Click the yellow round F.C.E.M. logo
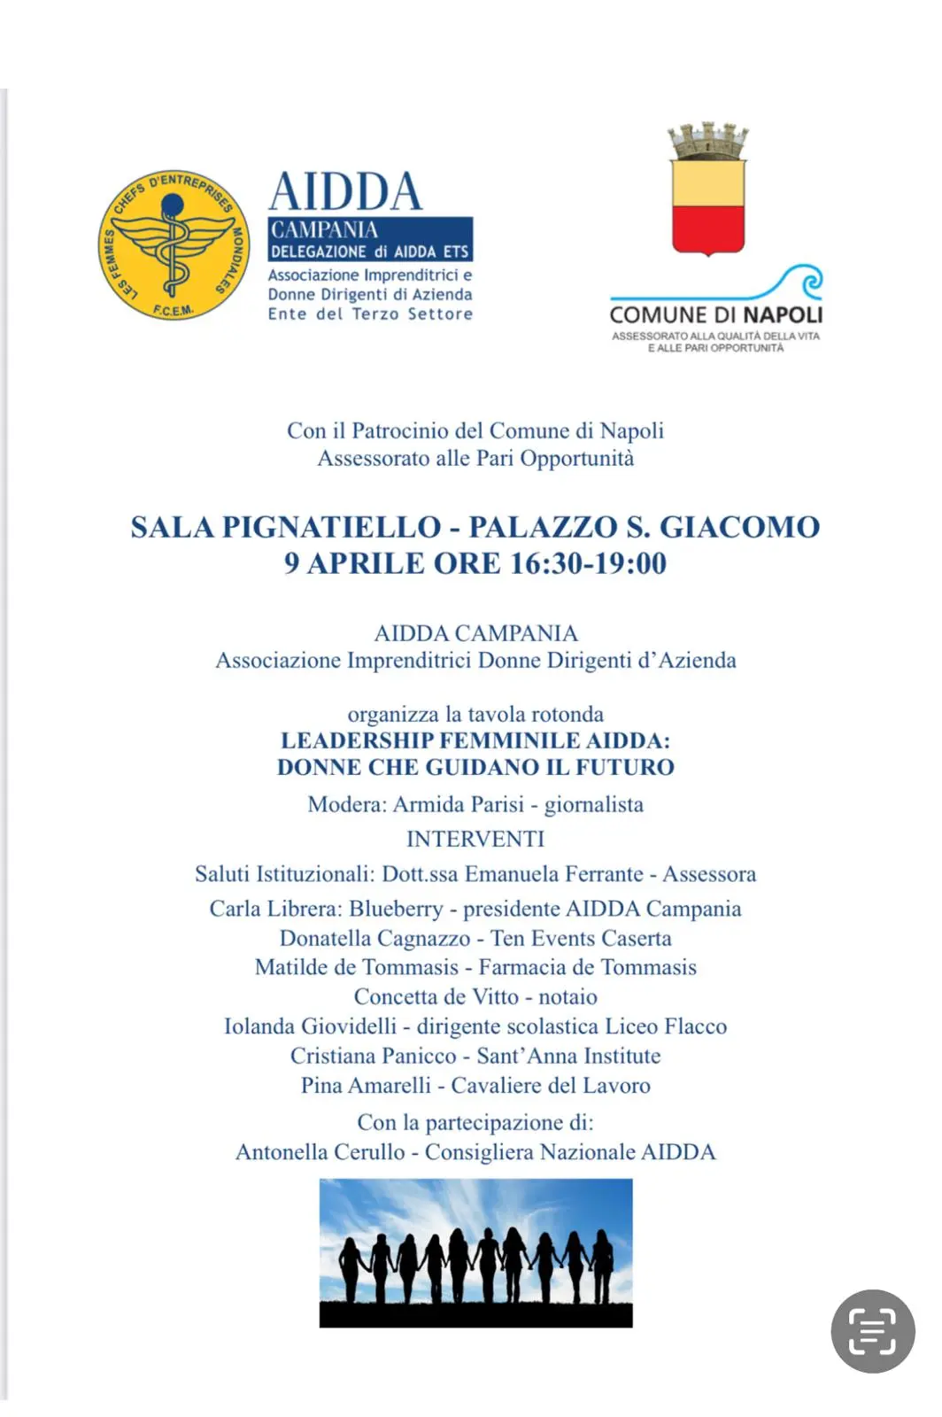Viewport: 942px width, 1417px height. tap(174, 244)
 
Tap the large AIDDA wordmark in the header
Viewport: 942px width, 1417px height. tap(345, 191)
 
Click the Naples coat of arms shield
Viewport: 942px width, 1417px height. tap(708, 206)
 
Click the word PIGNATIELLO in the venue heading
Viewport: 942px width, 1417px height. tap(331, 528)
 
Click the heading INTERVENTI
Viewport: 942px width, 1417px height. tap(475, 839)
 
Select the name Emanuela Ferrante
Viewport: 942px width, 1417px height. tap(554, 874)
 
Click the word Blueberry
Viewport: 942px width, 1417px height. tap(396, 909)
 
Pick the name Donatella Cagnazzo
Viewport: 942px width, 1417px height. tap(374, 938)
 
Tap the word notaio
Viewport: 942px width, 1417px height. tap(568, 997)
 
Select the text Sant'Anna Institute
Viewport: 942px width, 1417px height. tap(568, 1057)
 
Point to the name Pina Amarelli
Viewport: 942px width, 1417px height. tap(366, 1086)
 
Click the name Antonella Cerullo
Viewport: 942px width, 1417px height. tap(320, 1152)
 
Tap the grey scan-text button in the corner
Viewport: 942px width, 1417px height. tap(873, 1331)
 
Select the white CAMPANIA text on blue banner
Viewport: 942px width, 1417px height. tap(324, 230)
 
